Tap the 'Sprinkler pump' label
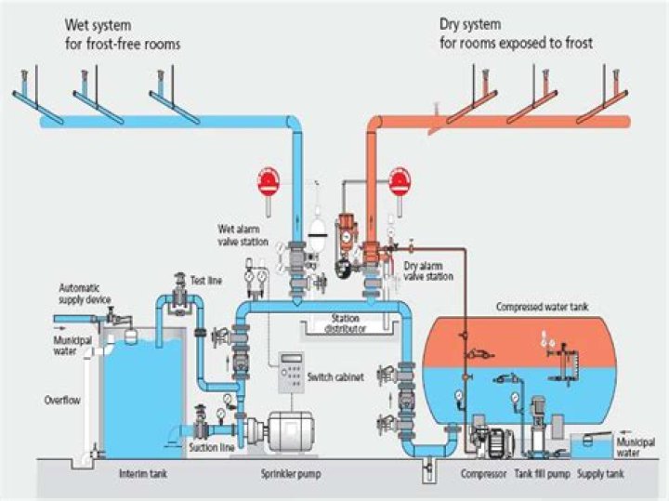click(x=290, y=473)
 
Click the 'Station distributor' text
click(x=343, y=323)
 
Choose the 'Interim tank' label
click(x=143, y=473)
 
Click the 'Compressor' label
click(x=482, y=473)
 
